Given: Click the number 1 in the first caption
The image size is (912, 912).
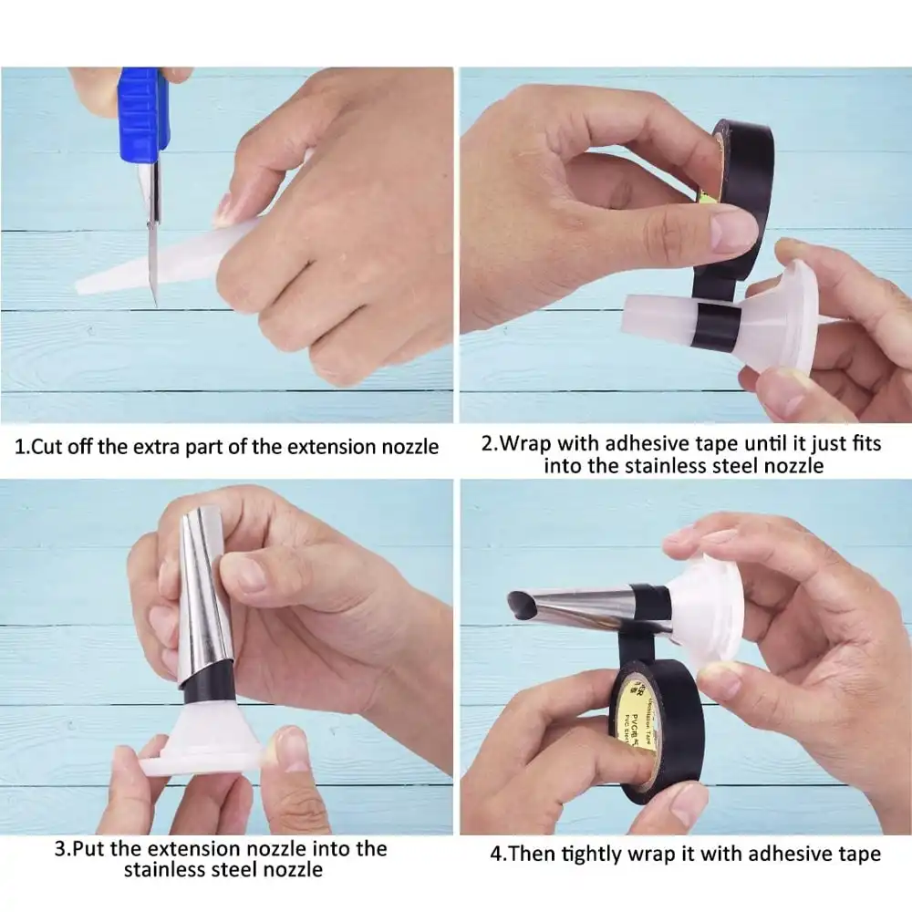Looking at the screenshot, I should tap(21, 447).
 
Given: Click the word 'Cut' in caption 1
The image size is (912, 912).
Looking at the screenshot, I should tap(48, 447).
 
